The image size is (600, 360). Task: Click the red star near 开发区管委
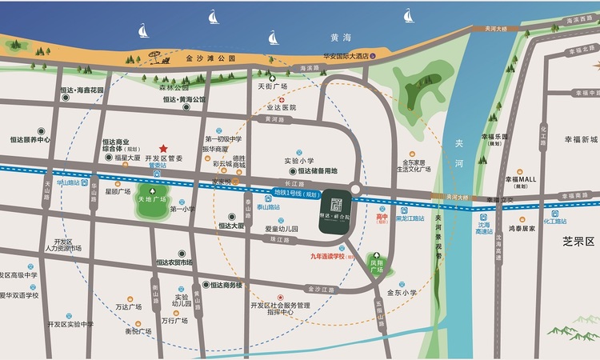(x=162, y=149)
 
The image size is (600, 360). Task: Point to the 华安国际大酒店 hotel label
(x=334, y=56)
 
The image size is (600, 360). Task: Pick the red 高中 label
(x=382, y=216)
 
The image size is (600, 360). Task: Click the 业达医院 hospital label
(x=280, y=107)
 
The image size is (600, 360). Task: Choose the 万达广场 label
(x=128, y=306)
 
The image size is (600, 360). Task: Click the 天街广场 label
(x=272, y=86)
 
